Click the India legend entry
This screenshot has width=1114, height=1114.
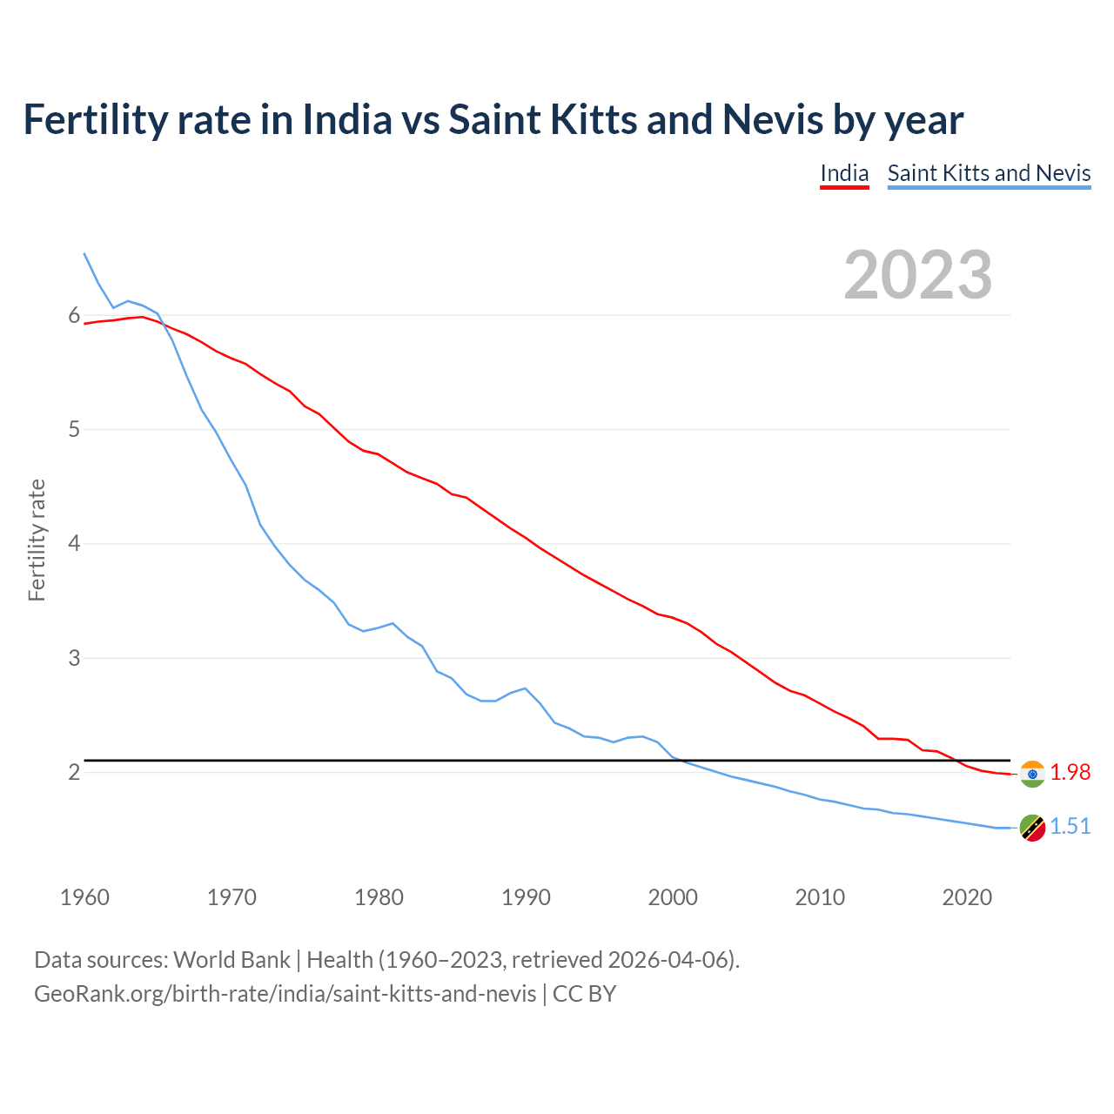844,173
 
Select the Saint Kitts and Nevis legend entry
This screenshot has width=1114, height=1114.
989,173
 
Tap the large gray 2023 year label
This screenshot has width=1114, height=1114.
918,275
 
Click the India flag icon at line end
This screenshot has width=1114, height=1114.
1032,773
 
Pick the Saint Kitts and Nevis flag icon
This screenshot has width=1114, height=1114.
1032,828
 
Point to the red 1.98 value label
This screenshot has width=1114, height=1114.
1070,773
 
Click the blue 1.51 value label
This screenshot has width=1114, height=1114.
1070,827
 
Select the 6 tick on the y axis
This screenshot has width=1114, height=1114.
74,316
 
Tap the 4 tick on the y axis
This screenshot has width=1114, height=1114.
74,544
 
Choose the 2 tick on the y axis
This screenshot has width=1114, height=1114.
74,772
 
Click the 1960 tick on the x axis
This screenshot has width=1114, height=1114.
84,897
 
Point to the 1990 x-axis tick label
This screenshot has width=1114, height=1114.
526,897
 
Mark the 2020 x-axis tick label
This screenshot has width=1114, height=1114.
967,897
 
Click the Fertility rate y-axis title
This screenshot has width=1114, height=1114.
37,540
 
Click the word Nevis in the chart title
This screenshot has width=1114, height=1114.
772,120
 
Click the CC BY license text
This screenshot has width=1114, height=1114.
584,994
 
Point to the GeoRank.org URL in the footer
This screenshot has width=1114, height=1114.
285,994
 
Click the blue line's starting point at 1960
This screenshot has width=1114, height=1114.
84,254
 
